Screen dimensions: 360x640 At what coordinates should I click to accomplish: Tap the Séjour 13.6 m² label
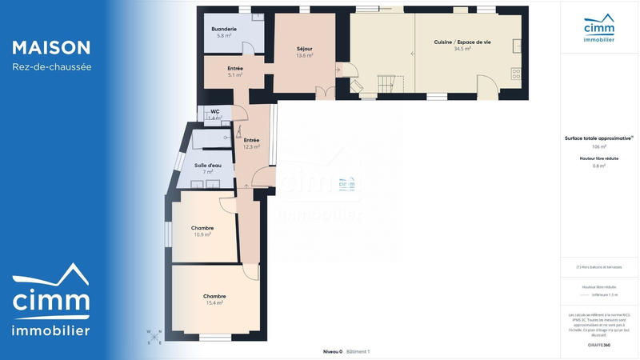click(x=304, y=52)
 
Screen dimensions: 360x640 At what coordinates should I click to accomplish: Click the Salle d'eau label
click(x=208, y=168)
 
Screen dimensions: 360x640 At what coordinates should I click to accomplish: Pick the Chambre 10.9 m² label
click(x=202, y=231)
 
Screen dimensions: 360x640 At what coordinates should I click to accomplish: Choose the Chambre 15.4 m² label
click(x=214, y=299)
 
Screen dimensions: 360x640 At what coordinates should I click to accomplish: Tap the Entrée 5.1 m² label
click(x=235, y=72)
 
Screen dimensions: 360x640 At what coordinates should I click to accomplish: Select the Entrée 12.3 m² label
click(x=251, y=143)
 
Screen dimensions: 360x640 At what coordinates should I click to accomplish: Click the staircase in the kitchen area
click(x=386, y=83)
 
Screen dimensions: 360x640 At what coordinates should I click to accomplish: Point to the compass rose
click(x=154, y=336)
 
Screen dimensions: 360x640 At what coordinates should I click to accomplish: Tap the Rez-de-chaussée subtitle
click(x=51, y=67)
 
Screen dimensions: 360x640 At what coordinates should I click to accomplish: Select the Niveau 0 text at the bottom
click(x=332, y=351)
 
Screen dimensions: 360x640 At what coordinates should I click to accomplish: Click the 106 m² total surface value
click(x=599, y=147)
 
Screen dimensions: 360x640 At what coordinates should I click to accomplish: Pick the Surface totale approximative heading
click(x=598, y=138)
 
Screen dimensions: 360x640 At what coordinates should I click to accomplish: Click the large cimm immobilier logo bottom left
click(x=50, y=302)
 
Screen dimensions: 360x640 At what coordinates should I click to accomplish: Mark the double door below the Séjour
click(x=326, y=94)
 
